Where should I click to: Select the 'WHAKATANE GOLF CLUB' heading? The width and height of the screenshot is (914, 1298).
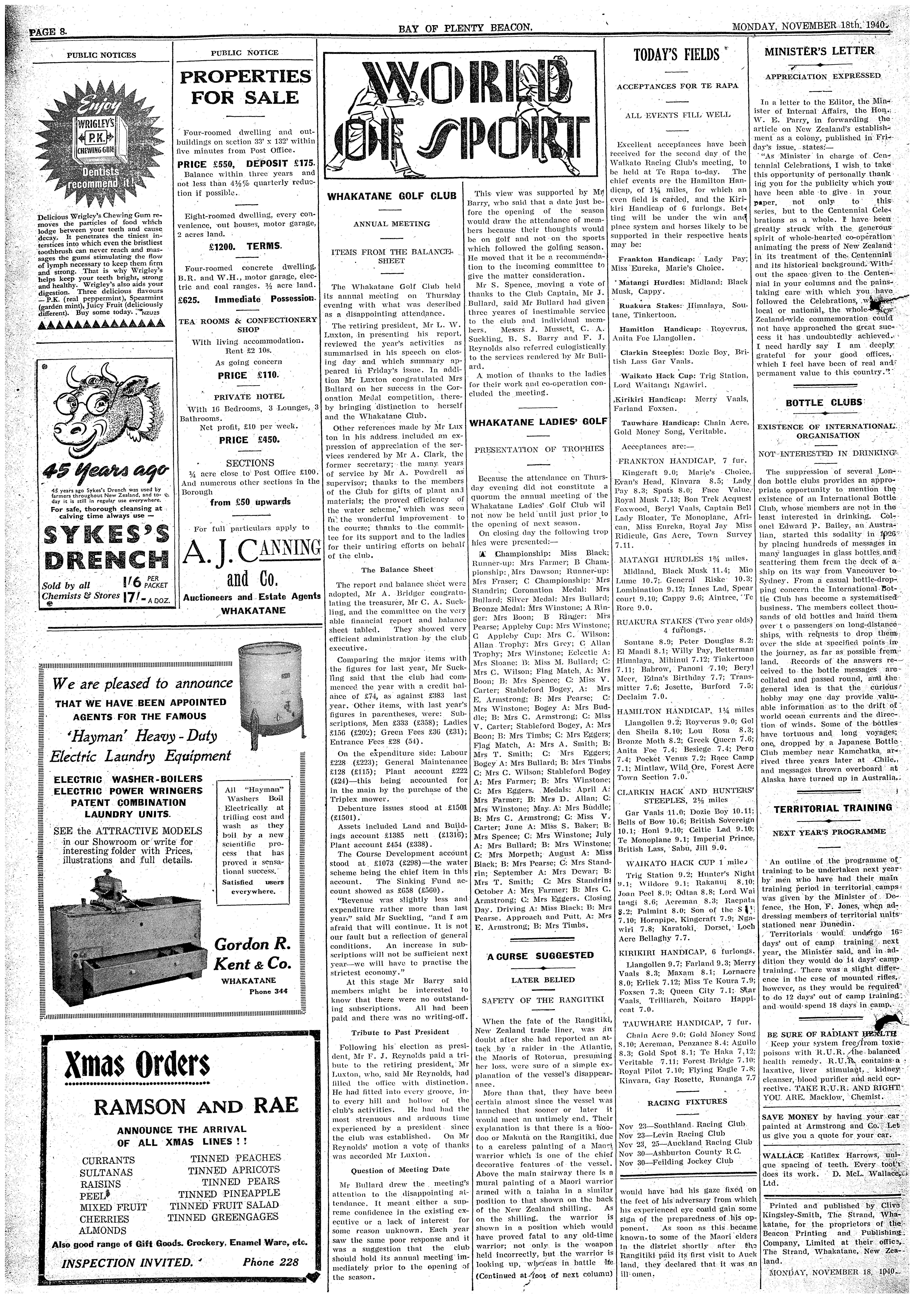click(392, 196)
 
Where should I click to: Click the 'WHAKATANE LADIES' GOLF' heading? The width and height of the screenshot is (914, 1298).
click(539, 421)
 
